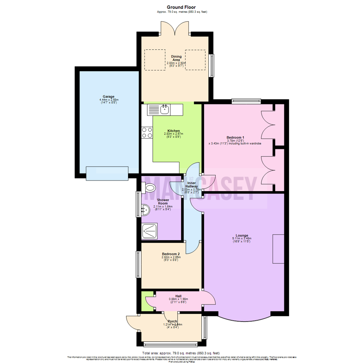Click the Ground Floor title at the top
[182, 7]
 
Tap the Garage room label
[109, 96]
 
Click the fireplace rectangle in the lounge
[278, 248]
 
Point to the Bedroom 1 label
[235, 138]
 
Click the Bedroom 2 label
[171, 254]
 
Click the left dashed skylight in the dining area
[155, 60]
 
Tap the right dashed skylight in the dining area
[195, 60]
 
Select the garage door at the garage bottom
[107, 173]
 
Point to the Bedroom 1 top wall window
[246, 100]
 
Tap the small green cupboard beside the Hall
[146, 301]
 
